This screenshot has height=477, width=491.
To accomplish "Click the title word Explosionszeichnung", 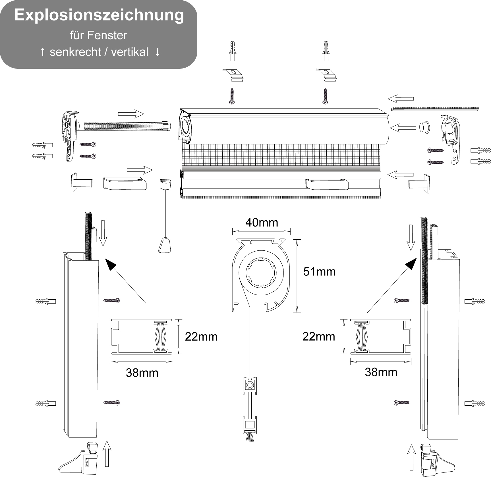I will click(x=99, y=15).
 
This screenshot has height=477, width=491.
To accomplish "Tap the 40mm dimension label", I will click(x=262, y=222).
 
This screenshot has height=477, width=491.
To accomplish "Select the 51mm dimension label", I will click(x=319, y=271).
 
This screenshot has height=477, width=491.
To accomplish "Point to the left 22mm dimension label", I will click(x=201, y=337).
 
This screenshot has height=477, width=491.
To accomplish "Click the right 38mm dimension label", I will click(x=381, y=372).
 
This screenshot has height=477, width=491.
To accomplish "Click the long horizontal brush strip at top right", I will click(x=435, y=109).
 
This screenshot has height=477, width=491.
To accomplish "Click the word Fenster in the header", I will click(x=107, y=35).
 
